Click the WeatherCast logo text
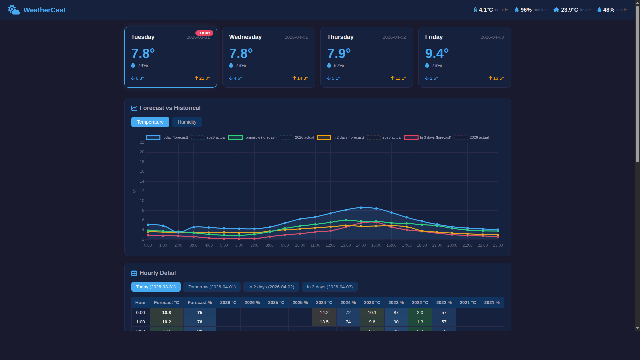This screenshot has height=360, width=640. pyautogui.click(x=44, y=10)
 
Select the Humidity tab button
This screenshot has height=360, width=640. pyautogui.click(x=187, y=122)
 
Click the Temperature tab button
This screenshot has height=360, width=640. pyautogui.click(x=150, y=122)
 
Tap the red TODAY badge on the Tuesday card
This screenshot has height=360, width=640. pyautogui.click(x=204, y=33)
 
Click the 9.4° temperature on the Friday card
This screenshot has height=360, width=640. pyautogui.click(x=437, y=53)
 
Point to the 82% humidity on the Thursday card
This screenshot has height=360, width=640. pyautogui.click(x=338, y=65)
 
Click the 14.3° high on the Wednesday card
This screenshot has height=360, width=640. pyautogui.click(x=302, y=78)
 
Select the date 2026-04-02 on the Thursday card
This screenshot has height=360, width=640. pyautogui.click(x=394, y=37)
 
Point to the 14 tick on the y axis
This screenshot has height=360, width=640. pyautogui.click(x=142, y=181)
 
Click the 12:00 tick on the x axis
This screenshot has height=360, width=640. pyautogui.click(x=330, y=245)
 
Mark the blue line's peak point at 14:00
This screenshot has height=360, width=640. pyautogui.click(x=361, y=208)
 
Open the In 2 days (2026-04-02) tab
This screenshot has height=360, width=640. pyautogui.click(x=271, y=287)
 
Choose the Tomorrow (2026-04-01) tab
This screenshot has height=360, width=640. pyautogui.click(x=212, y=287)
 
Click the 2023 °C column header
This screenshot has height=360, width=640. pyautogui.click(x=372, y=303)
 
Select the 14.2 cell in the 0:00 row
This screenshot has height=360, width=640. pyautogui.click(x=324, y=313)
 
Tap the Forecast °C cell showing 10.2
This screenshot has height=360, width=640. pyautogui.click(x=166, y=322)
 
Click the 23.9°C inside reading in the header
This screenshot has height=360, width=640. pyautogui.click(x=569, y=10)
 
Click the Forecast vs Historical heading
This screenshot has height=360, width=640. pyautogui.click(x=170, y=108)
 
